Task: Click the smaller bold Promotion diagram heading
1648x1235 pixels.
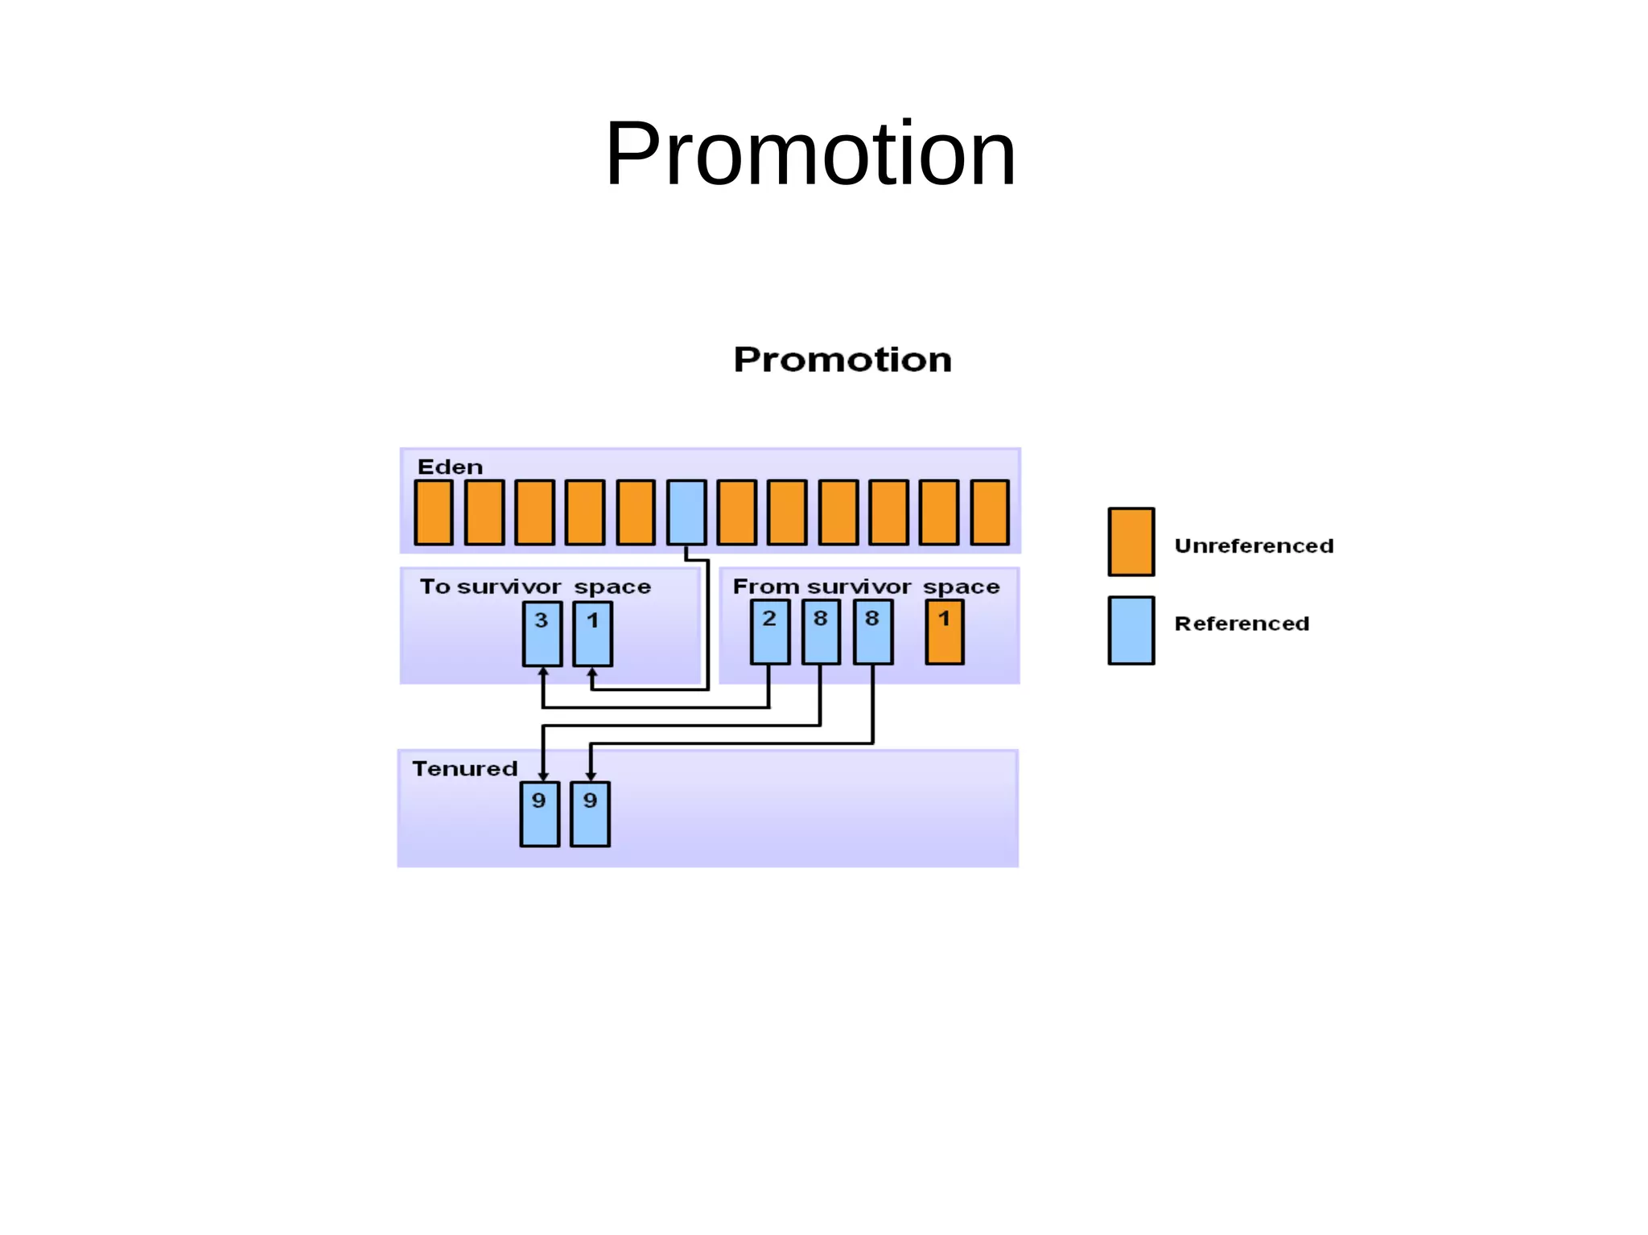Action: (842, 360)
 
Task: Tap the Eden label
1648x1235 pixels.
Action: (449, 467)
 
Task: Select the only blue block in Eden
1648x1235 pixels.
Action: (686, 513)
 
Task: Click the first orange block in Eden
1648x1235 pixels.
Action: (433, 513)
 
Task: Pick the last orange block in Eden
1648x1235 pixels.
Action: (989, 513)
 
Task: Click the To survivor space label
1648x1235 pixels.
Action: (534, 587)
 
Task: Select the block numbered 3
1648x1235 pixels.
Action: (542, 634)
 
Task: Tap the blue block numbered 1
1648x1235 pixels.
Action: (592, 634)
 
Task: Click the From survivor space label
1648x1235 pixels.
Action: (866, 587)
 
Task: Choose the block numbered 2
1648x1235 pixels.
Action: (769, 632)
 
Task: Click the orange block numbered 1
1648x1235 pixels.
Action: (944, 632)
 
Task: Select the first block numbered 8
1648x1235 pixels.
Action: (821, 632)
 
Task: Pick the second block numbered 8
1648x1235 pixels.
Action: (872, 632)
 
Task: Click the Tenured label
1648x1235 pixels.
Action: (464, 769)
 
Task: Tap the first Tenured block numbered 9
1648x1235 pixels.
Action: (539, 813)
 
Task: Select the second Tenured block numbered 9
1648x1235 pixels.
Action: (590, 813)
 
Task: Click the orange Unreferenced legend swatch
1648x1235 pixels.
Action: (1131, 541)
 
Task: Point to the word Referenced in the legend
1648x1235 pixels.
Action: (1242, 624)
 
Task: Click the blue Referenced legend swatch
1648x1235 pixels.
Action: (1131, 630)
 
